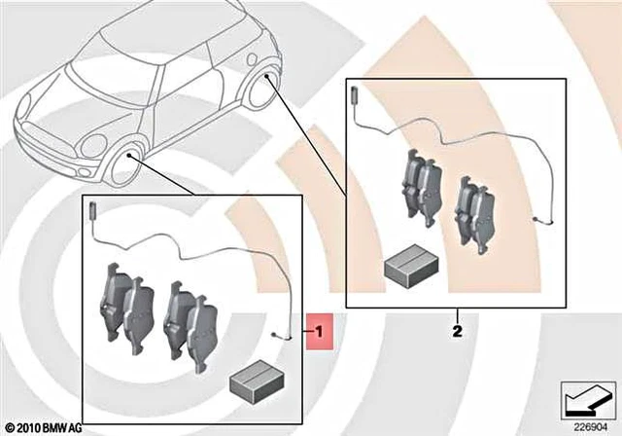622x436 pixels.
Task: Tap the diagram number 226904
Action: coord(587,424)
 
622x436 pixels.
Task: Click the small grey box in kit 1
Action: coord(255,375)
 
